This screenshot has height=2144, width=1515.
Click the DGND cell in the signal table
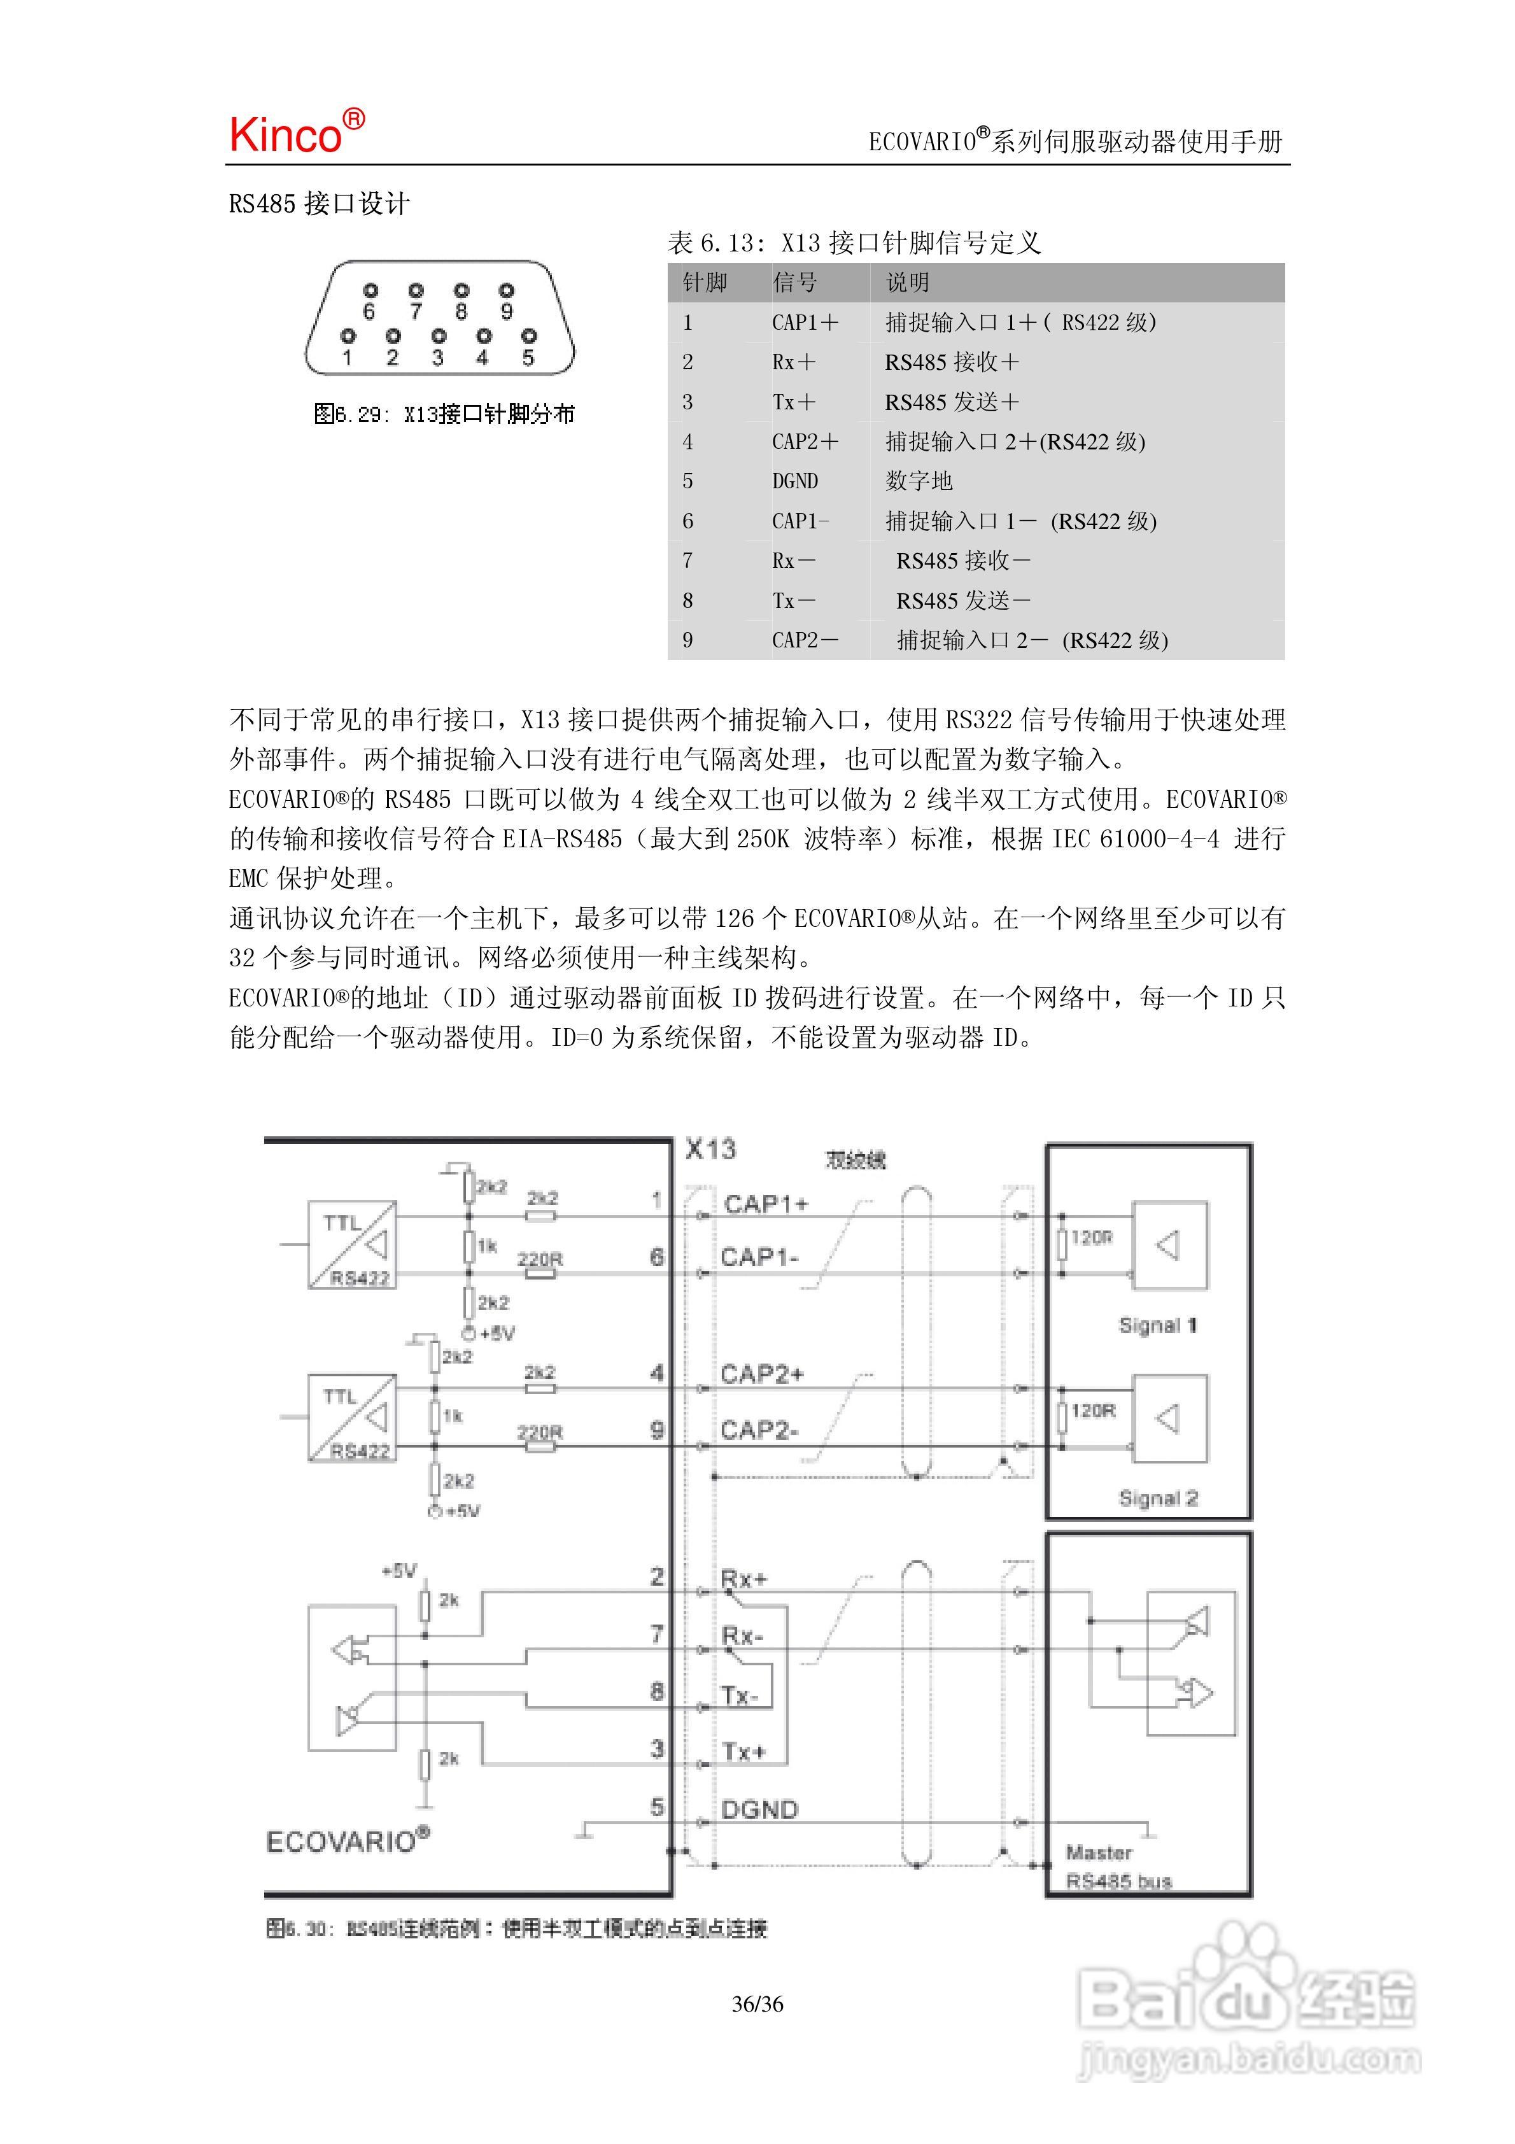pos(795,481)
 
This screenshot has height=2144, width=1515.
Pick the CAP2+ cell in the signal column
pos(804,442)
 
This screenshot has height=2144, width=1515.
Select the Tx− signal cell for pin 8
pos(793,600)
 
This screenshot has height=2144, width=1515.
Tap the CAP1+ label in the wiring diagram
pos(765,1204)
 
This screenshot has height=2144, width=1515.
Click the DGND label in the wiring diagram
pos(759,1810)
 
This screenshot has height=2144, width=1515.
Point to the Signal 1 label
pos(1157,1325)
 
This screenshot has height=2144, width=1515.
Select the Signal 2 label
pos(1157,1499)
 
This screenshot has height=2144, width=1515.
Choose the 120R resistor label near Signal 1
pos(1092,1238)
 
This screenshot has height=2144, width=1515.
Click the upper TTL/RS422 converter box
pos(352,1245)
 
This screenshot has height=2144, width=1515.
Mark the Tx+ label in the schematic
pos(743,1752)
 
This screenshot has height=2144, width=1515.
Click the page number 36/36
pos(757,2004)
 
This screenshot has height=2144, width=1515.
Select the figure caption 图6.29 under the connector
pos(444,414)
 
